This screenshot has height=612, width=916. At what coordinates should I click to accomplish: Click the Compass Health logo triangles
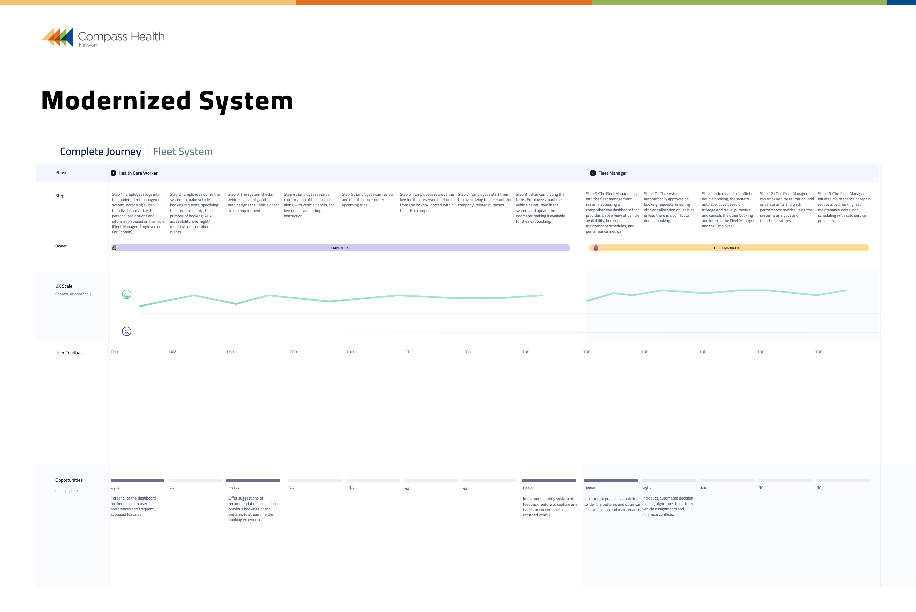pos(58,37)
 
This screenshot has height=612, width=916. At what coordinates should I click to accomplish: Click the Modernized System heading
pos(167,101)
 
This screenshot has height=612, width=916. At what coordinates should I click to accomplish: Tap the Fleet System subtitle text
pos(183,152)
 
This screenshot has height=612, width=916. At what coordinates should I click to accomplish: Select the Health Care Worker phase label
pos(138,173)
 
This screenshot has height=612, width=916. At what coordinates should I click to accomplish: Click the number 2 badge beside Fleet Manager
pos(592,173)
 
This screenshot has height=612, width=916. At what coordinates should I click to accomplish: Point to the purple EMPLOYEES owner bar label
pos(340,248)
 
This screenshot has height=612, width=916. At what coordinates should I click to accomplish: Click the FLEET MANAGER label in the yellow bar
pos(726,248)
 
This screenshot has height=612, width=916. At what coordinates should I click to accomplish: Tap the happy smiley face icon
pos(126,295)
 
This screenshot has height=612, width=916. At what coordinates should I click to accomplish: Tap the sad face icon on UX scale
pos(126,331)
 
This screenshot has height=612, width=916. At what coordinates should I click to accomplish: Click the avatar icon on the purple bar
pos(114,248)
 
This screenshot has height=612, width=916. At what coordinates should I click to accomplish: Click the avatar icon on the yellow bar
pos(596,248)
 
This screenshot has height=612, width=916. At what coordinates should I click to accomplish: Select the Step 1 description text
pos(138,213)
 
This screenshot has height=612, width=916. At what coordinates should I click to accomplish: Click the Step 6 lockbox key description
pos(426,202)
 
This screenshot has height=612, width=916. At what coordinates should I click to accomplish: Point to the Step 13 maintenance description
pos(844,207)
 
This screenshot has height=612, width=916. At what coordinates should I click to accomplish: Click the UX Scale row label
pos(64,286)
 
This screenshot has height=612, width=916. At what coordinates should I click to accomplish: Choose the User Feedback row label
pos(70,353)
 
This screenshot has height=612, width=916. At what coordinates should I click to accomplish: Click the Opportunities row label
pos(69,480)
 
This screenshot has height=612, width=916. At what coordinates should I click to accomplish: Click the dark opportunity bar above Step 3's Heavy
pos(253,480)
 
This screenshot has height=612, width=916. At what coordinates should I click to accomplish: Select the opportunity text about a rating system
pos(549,507)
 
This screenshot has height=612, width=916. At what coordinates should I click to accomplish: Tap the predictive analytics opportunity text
pos(611,504)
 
